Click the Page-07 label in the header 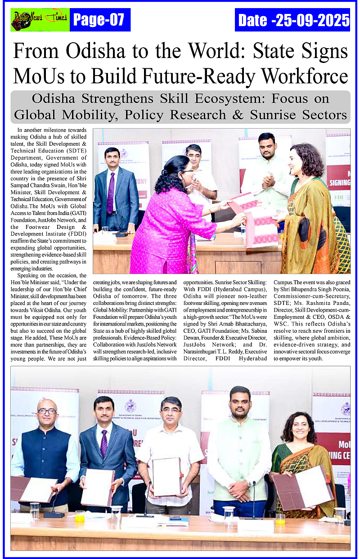point(99,20)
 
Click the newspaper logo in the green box point(40,19)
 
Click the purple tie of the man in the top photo point(110,193)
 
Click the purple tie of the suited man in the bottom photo point(104,443)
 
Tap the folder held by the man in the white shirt point(166,476)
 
